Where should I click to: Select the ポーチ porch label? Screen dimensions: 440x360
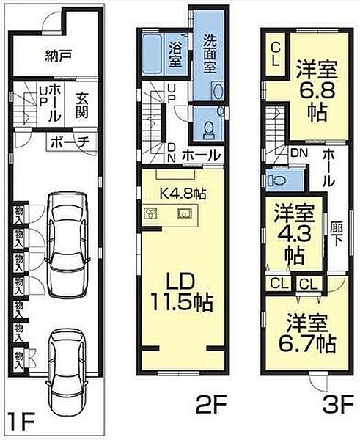(71, 142)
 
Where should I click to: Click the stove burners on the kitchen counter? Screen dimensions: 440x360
(153, 214)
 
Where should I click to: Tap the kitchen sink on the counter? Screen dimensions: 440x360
(184, 214)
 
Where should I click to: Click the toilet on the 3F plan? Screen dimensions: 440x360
(276, 180)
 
